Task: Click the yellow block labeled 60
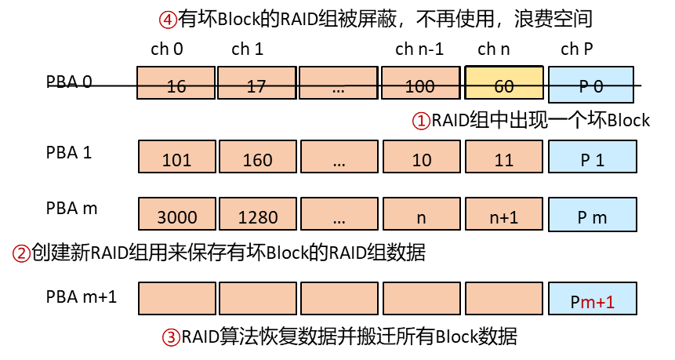[504, 82]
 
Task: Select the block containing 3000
[177, 214]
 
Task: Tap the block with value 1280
[258, 214]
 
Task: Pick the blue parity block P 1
[593, 157]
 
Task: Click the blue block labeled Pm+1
[593, 298]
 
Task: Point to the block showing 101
[177, 157]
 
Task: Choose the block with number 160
[258, 157]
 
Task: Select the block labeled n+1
[503, 214]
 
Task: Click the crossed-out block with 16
[176, 82]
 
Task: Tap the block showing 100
[420, 82]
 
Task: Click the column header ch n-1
[419, 49]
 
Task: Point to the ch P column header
[577, 49]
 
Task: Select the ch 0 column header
[167, 49]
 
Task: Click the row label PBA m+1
[82, 297]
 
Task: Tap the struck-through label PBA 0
[69, 82]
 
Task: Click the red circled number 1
[421, 121]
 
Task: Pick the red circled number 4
[168, 20]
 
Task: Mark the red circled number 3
[171, 337]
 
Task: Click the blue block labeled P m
[593, 214]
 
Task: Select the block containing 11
[503, 157]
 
